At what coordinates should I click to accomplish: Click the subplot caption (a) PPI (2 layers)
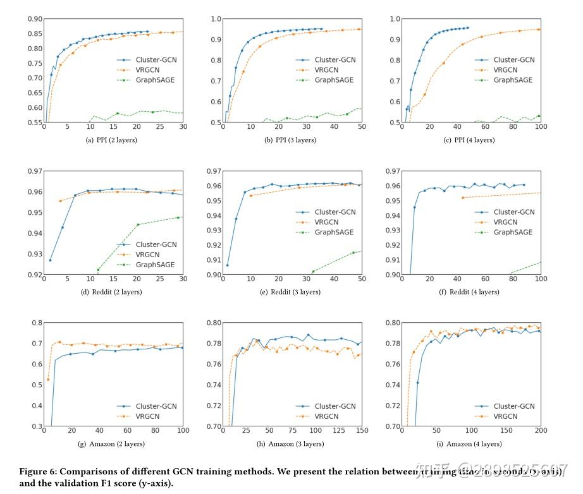pyautogui.click(x=114, y=140)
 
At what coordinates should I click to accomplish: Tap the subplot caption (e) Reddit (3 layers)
pyautogui.click(x=294, y=292)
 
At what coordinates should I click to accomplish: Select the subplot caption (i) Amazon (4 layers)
pyautogui.click(x=473, y=444)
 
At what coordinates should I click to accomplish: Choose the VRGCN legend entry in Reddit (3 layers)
pyautogui.click(x=329, y=222)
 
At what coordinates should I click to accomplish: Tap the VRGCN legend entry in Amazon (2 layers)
pyautogui.click(x=150, y=416)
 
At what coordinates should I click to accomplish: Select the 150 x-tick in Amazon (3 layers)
pyautogui.click(x=362, y=431)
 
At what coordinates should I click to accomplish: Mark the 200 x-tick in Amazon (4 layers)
pyautogui.click(x=541, y=431)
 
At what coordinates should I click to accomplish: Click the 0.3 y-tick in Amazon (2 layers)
pyautogui.click(x=37, y=426)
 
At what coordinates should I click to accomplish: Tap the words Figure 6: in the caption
pyautogui.click(x=39, y=472)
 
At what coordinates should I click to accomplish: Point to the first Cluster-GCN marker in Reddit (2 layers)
pyautogui.click(x=50, y=260)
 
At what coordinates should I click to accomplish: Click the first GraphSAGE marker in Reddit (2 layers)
pyautogui.click(x=98, y=270)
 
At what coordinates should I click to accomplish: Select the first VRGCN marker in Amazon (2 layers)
pyautogui.click(x=48, y=380)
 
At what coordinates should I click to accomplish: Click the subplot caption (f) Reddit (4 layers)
pyautogui.click(x=473, y=292)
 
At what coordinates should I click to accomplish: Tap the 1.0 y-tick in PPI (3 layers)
pyautogui.click(x=216, y=19)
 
